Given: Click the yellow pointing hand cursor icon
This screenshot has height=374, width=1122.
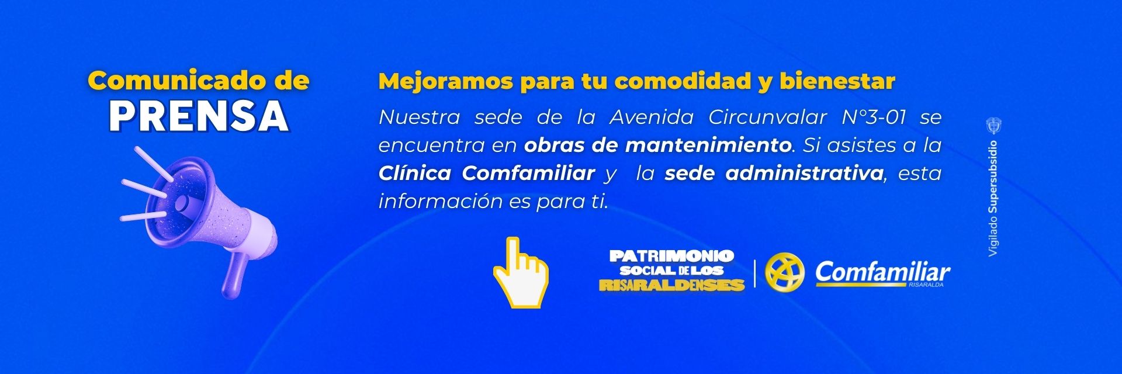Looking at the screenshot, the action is click(520, 272).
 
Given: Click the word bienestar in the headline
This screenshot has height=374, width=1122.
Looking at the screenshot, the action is click(836, 82).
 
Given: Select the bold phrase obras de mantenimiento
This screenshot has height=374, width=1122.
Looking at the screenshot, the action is click(658, 146).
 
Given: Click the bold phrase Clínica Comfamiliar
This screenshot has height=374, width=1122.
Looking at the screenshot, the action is click(487, 174).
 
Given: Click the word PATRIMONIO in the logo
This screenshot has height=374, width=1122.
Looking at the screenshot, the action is click(671, 256).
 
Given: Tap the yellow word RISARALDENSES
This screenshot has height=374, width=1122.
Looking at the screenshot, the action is click(672, 285).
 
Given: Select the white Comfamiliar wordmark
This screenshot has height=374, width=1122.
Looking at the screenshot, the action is click(882, 272).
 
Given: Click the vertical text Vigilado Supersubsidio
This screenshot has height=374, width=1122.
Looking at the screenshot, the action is click(993, 199).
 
